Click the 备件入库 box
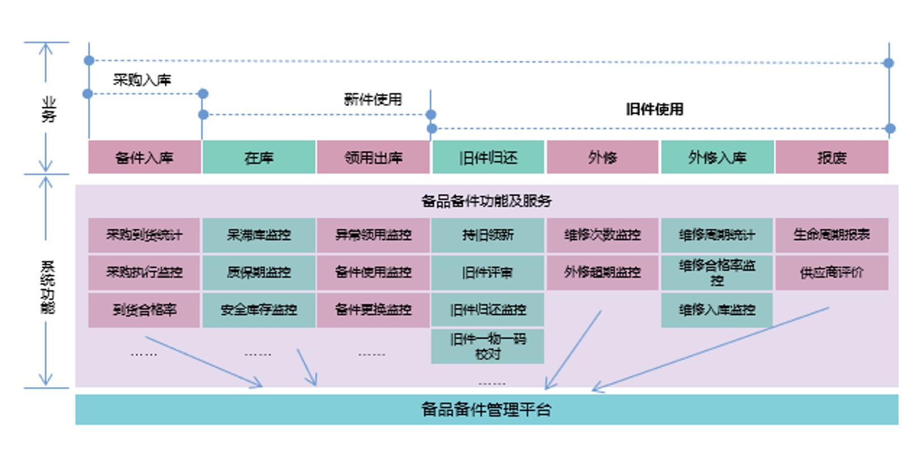(144, 157)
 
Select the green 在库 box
(259, 157)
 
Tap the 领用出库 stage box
(373, 157)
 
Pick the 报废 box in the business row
(832, 157)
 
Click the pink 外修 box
(602, 157)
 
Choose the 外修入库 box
(717, 157)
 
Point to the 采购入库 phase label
(142, 80)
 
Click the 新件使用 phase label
(373, 100)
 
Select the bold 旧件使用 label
(654, 109)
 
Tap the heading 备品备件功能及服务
(486, 201)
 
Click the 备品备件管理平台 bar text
(486, 409)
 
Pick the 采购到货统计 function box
(144, 235)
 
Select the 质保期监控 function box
(259, 272)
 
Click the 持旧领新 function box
(487, 235)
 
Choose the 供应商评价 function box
(832, 273)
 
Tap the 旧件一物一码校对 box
(487, 346)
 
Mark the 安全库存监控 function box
(259, 309)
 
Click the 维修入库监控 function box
(717, 309)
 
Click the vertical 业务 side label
(48, 109)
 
